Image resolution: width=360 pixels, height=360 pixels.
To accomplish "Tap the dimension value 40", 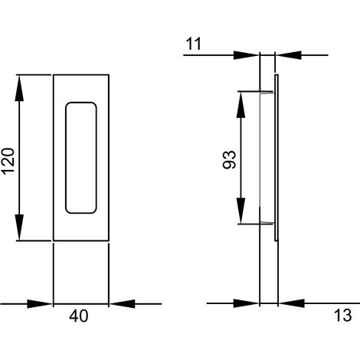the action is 79,316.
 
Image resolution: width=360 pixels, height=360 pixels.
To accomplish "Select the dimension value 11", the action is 194,44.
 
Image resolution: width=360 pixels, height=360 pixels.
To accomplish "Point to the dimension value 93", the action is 229,160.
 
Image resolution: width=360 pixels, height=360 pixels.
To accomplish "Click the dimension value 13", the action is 343,315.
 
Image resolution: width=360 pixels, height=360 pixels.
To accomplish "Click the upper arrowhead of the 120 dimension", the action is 19,88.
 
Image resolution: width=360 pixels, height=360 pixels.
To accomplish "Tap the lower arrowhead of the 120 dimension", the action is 19,227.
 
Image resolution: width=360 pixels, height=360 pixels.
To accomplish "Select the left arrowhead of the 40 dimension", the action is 40,304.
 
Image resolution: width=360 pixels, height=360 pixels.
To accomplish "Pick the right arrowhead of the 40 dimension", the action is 122,304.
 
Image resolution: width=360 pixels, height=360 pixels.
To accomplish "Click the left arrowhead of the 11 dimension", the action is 247,55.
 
